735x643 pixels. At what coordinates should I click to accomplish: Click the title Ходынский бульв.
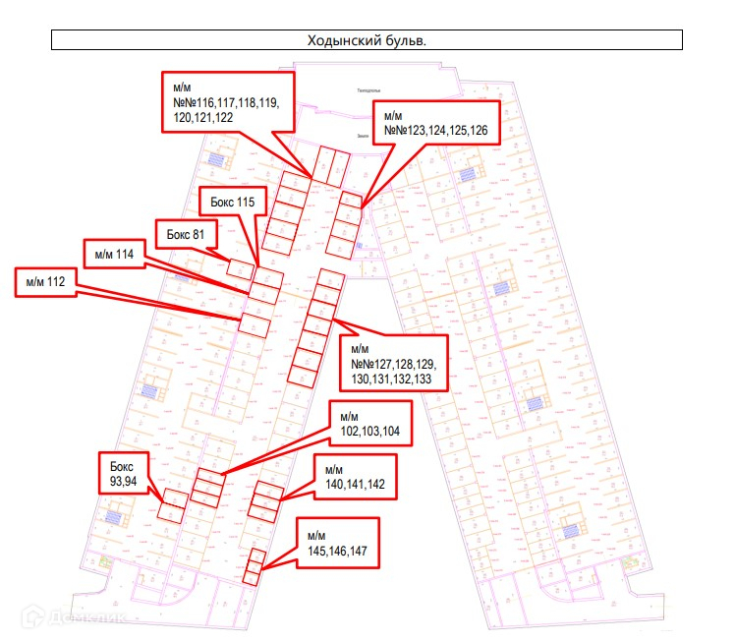(x=367, y=41)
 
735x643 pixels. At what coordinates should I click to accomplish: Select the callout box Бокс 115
(x=232, y=203)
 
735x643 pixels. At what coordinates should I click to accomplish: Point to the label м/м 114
(x=114, y=255)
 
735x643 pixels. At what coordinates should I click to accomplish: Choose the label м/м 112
(x=46, y=281)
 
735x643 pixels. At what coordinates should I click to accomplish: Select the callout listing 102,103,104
(x=369, y=424)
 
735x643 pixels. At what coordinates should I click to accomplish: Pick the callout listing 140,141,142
(x=354, y=476)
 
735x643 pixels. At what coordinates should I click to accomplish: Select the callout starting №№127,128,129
(x=390, y=363)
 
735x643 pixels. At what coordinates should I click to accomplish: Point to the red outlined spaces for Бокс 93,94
(x=173, y=504)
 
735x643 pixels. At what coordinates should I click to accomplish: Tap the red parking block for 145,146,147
(x=253, y=567)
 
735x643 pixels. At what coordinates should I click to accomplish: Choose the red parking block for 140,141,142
(x=265, y=501)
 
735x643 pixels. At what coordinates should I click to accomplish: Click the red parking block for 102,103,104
(x=207, y=488)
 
